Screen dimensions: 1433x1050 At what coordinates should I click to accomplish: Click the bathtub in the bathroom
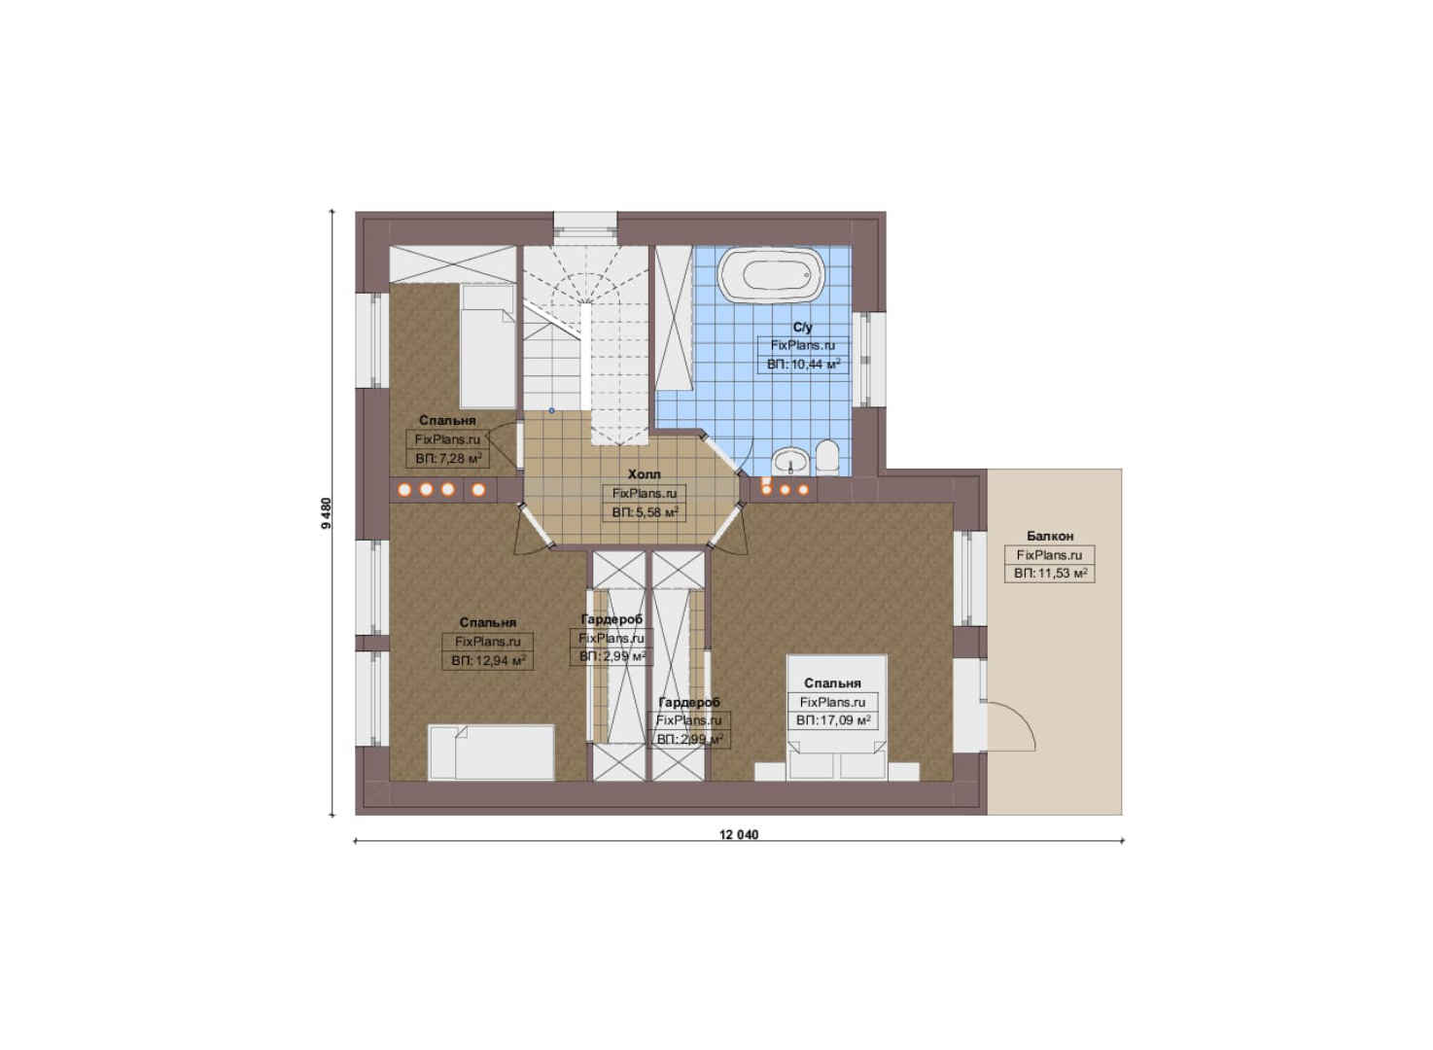point(772,276)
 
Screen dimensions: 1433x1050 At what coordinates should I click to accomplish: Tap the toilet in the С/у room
point(827,458)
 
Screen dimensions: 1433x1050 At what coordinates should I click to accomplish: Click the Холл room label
point(645,474)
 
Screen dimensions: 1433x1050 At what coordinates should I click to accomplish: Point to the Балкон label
point(1050,536)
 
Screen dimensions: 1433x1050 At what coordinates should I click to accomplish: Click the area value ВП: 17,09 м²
point(833,720)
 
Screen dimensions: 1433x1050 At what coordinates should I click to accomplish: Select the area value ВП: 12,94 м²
point(488,660)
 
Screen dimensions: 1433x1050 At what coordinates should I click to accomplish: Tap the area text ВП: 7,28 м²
point(448,458)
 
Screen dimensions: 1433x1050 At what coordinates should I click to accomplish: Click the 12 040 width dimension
point(739,835)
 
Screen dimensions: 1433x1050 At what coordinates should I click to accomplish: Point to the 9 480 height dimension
point(327,513)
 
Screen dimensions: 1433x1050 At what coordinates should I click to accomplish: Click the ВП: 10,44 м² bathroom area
point(803,365)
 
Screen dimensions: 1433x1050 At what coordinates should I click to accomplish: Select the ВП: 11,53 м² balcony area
point(1050,574)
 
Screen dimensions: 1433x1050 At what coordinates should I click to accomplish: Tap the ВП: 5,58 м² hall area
point(645,512)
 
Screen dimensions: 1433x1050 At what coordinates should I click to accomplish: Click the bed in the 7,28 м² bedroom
point(487,346)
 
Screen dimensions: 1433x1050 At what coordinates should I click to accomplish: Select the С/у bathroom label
point(802,328)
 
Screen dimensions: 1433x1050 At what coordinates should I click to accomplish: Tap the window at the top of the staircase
point(585,229)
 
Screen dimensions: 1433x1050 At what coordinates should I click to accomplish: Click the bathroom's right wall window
point(869,359)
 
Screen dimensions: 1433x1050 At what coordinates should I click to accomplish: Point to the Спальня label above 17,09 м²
point(833,682)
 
